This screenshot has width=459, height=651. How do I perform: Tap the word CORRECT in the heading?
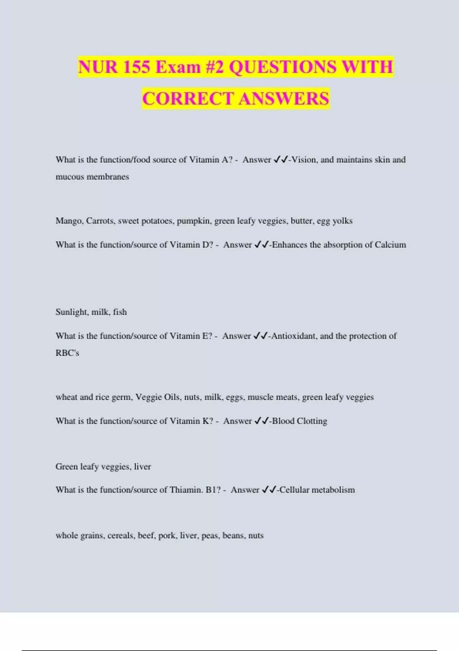tap(188, 99)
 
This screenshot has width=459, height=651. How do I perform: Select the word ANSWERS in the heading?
tap(284, 99)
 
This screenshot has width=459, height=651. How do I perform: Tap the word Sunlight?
tap(71, 312)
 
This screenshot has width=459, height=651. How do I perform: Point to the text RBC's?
tap(67, 353)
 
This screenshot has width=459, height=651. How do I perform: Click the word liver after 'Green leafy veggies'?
tap(142, 467)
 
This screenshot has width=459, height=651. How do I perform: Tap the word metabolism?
tap(333, 490)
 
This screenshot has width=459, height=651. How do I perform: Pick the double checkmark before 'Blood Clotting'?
tap(262, 421)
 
